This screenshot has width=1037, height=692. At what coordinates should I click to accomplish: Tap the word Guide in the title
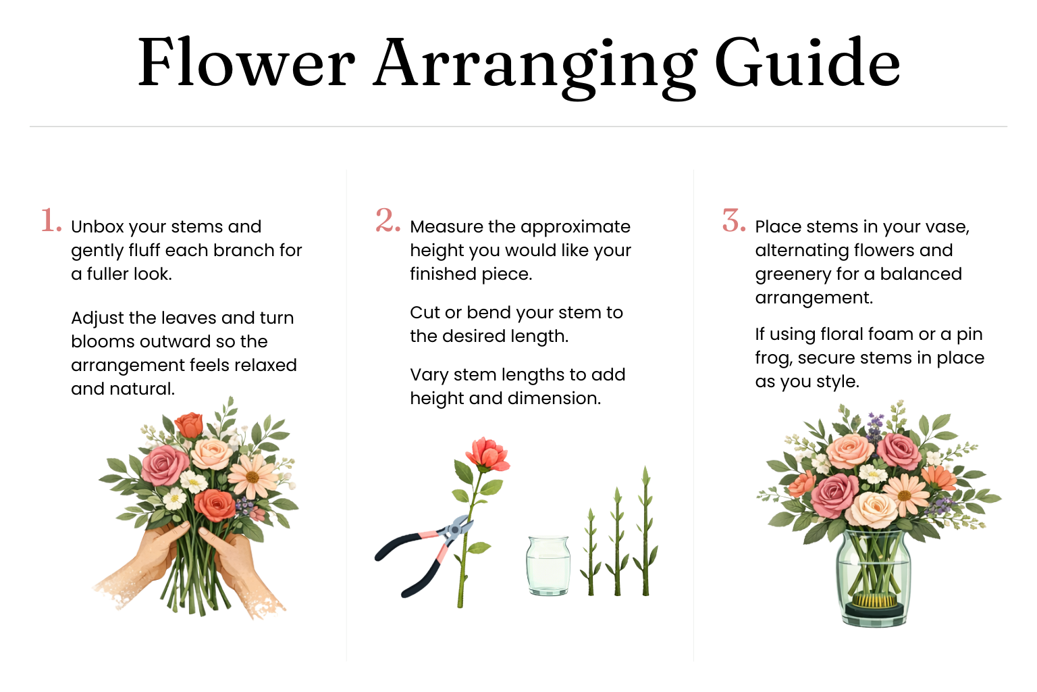(808, 63)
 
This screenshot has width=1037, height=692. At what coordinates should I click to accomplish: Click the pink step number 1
(51, 220)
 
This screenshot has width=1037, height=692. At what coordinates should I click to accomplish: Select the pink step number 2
(388, 220)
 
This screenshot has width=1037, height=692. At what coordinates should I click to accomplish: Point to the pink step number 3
(734, 220)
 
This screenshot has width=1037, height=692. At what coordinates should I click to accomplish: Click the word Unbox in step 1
(97, 226)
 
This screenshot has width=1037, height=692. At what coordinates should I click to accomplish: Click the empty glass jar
(548, 566)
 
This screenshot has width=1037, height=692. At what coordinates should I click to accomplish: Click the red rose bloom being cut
(488, 453)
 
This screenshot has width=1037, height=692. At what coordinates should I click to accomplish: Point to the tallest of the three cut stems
(645, 530)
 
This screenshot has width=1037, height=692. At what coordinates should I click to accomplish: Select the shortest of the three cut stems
(590, 552)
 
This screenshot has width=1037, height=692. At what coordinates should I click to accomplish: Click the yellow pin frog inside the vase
(874, 600)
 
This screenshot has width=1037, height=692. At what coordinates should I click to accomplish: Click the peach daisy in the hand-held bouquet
(252, 476)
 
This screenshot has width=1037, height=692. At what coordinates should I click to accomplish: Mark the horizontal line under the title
(518, 126)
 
